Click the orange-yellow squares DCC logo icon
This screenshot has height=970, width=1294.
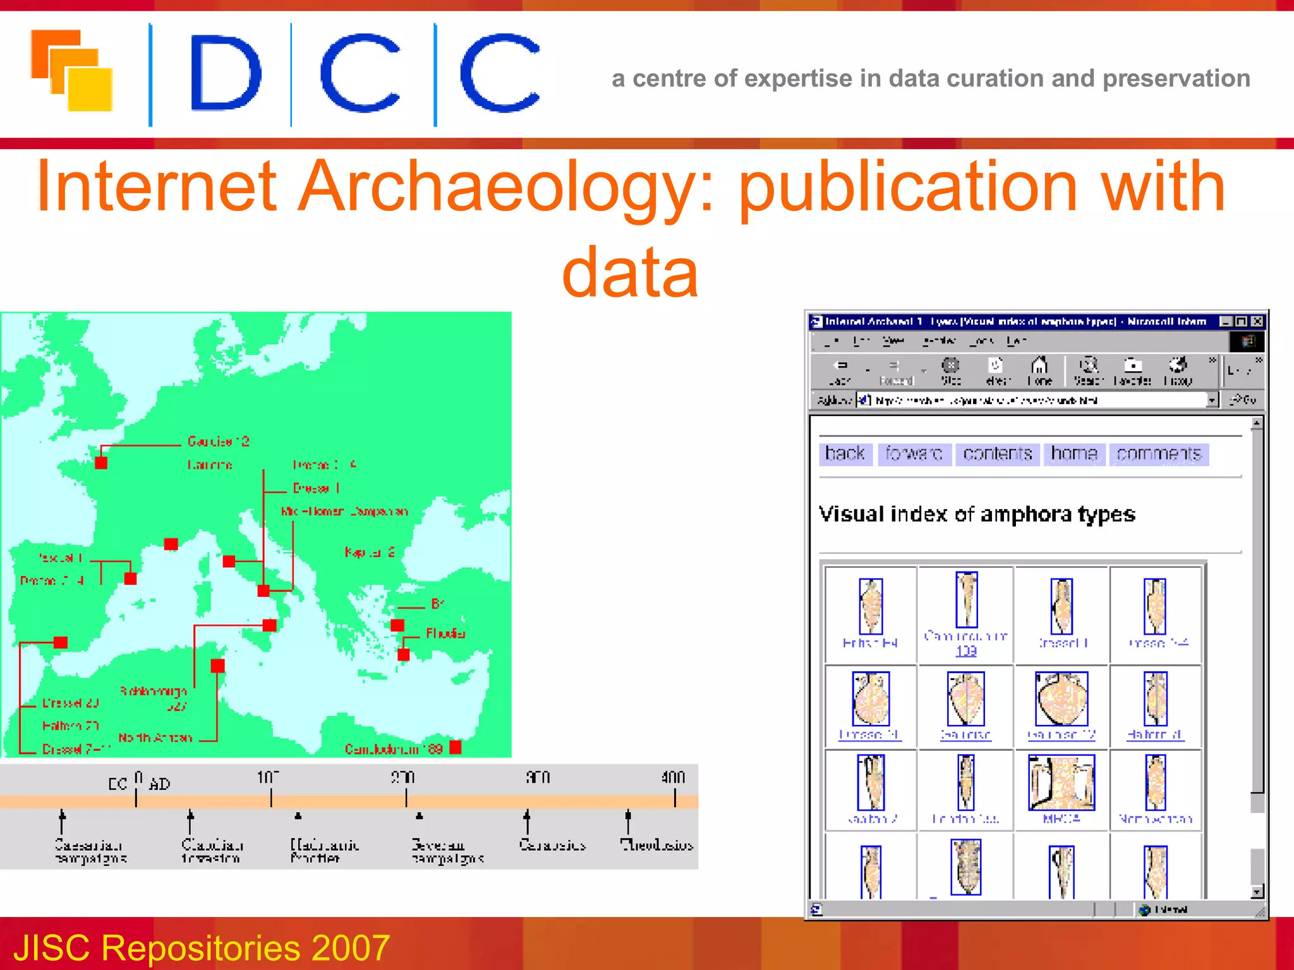coord(71,71)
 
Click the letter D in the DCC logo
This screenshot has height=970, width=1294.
coord(225,73)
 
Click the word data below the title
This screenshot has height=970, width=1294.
coord(630,273)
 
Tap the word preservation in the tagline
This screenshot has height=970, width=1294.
coord(1176,78)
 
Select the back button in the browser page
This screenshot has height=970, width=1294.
coord(845,453)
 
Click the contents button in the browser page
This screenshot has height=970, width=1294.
coord(997,453)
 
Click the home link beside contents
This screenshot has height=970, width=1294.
coord(1073,453)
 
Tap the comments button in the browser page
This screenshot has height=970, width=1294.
coord(1158,453)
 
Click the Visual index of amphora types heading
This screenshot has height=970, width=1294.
coord(977,514)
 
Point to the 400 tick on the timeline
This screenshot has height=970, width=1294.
coord(674,798)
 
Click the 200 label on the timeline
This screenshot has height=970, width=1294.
coord(402,777)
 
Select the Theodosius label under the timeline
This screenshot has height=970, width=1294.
coord(656,845)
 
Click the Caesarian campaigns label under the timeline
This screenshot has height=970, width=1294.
coord(90,851)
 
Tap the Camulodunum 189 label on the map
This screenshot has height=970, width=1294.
coord(393,749)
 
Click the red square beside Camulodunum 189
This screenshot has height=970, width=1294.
coord(456,748)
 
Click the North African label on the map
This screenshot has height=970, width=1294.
coord(155,737)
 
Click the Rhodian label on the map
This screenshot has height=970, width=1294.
coord(445,633)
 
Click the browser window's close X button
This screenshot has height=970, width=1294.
coord(1257,321)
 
